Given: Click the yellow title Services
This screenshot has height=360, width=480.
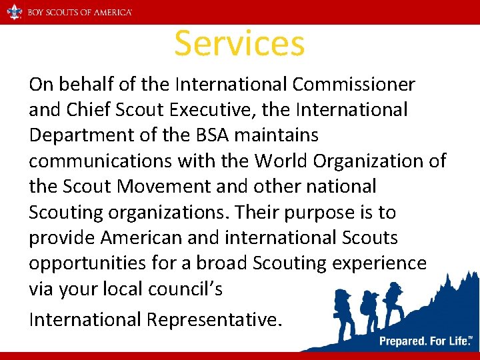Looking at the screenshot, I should [x=239, y=43].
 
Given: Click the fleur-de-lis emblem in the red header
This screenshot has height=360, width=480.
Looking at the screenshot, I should [x=15, y=12].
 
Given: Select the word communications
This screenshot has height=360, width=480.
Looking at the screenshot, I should [x=91, y=161].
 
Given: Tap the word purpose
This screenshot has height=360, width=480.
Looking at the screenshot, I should [x=329, y=213].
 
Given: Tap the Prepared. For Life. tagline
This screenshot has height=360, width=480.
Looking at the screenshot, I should [x=425, y=341].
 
